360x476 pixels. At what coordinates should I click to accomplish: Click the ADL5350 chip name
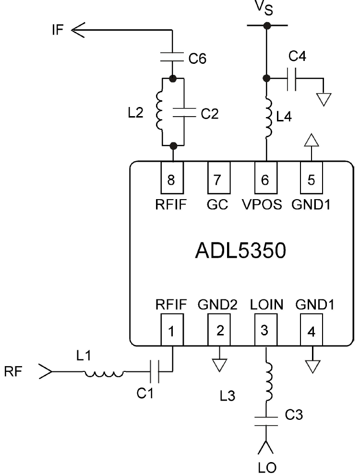pyautogui.click(x=240, y=251)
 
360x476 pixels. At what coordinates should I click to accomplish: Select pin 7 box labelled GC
pyautogui.click(x=219, y=178)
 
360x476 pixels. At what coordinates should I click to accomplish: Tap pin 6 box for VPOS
pyautogui.click(x=266, y=178)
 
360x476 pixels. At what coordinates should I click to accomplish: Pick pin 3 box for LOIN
pyautogui.click(x=266, y=330)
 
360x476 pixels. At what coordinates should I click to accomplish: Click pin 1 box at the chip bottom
pyautogui.click(x=172, y=330)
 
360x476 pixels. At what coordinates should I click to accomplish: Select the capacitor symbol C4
pyautogui.click(x=291, y=79)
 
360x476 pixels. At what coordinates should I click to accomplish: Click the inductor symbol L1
pyautogui.click(x=104, y=373)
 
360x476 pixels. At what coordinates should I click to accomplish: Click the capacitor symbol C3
pyautogui.click(x=266, y=421)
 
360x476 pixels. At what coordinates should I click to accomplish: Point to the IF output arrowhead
pyautogui.click(x=78, y=30)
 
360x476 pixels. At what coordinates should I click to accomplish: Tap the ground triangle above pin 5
pyautogui.click(x=312, y=140)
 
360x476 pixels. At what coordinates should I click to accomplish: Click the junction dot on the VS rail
pyautogui.click(x=267, y=25)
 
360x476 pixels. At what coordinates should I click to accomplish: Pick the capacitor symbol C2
pyautogui.click(x=184, y=112)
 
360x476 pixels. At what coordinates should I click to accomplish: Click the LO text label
pyautogui.click(x=267, y=468)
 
